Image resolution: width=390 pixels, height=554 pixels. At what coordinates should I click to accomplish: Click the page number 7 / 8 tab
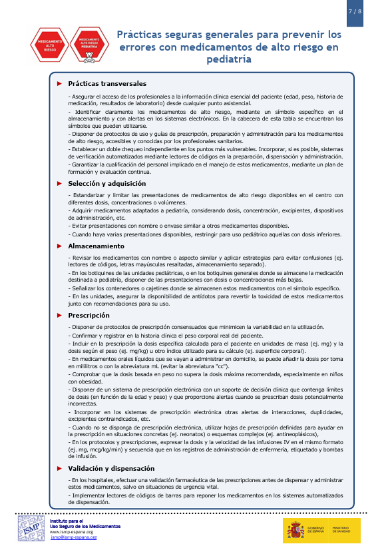(x=355, y=12)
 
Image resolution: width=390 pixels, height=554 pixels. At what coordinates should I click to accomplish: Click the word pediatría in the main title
(x=229, y=59)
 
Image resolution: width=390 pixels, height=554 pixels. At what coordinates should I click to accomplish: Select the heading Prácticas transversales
(x=106, y=84)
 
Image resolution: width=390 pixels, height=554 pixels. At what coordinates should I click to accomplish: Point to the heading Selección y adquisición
(x=106, y=183)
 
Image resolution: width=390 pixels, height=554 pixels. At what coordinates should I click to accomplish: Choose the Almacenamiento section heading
(x=96, y=246)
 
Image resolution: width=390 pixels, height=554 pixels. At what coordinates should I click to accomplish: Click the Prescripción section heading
(x=89, y=315)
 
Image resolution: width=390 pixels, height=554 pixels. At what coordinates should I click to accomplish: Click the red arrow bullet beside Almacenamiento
(x=59, y=246)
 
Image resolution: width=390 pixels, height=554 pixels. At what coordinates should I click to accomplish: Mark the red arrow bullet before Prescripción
(x=59, y=315)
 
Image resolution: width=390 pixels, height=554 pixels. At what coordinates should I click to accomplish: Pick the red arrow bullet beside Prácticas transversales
(x=59, y=84)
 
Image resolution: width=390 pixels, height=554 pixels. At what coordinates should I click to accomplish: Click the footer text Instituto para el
(x=67, y=521)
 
